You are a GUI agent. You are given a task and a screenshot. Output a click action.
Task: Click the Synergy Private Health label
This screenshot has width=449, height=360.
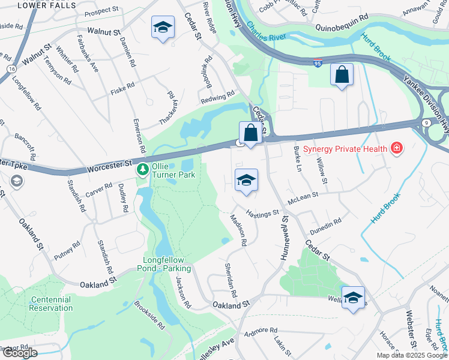coord(345,148)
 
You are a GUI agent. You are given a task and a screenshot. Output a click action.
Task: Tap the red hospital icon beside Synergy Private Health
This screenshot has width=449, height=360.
coord(396,148)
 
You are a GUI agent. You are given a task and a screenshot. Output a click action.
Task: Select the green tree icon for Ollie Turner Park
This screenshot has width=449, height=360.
coord(142,170)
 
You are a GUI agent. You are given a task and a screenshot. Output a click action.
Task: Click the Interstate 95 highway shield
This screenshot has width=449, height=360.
coord(318,62)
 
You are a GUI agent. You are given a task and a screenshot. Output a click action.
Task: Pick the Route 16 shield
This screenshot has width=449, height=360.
coord(11,70)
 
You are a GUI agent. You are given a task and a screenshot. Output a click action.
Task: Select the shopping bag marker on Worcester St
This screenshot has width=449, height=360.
coord(249,133)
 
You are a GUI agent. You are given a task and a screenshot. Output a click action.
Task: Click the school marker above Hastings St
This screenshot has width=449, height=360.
coord(246,180)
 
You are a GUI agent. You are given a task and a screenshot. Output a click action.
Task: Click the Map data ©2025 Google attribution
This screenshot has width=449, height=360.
coord(412,355)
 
